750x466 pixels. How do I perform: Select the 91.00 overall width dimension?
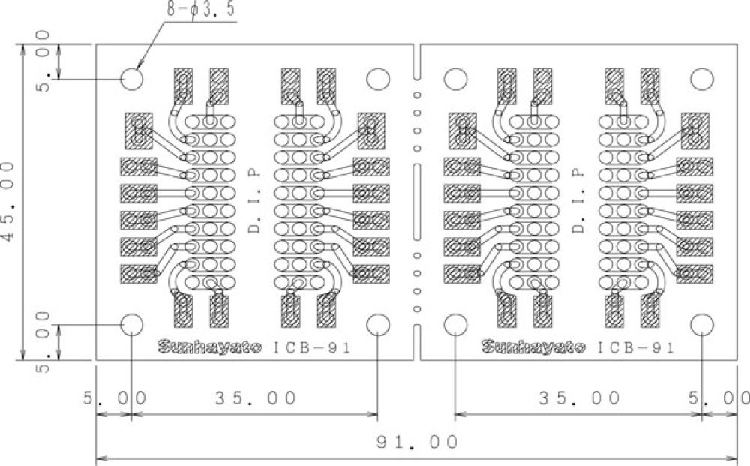[416, 443]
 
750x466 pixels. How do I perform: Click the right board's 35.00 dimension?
[580, 398]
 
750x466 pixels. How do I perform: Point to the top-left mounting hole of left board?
[132, 79]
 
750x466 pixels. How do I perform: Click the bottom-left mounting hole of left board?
[132, 324]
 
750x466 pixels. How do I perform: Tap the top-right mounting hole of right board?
[702, 79]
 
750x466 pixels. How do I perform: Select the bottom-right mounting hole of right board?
[702, 324]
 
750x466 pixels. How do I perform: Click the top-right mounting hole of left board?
[378, 79]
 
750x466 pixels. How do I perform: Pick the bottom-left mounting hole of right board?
[455, 324]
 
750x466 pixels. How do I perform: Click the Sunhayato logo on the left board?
[209, 347]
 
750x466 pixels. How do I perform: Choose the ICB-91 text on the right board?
[637, 348]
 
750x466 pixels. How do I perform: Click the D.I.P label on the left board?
[254, 200]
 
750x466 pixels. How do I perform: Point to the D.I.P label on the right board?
[578, 200]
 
